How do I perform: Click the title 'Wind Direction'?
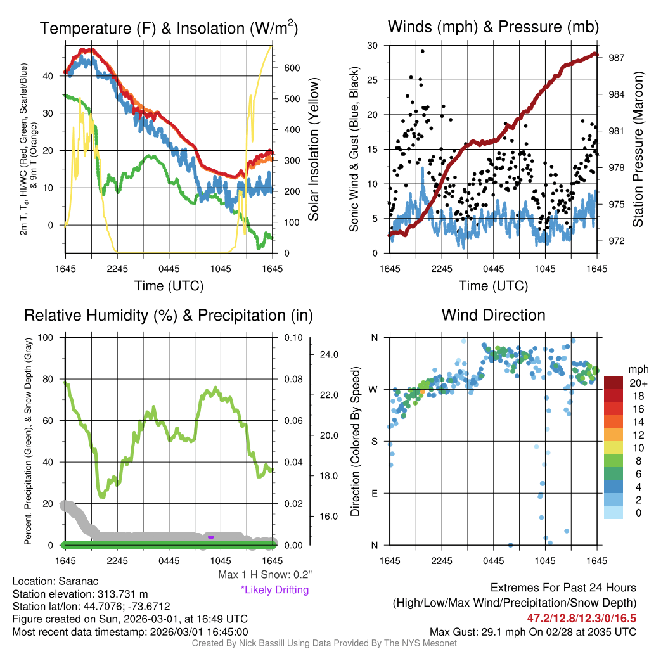(493, 315)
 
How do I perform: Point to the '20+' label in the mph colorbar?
(638, 383)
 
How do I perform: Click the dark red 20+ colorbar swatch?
(614, 383)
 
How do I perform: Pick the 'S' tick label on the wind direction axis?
(374, 441)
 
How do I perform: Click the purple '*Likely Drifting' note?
(275, 589)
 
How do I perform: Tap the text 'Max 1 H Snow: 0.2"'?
(265, 575)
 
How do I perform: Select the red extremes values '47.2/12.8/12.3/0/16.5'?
(581, 618)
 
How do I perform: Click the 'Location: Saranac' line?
(55, 581)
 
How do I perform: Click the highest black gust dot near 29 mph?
(422, 51)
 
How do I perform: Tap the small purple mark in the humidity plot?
(210, 537)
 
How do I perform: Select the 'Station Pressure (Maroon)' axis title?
(638, 150)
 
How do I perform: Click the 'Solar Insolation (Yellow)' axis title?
(314, 150)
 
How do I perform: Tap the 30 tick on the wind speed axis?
(373, 46)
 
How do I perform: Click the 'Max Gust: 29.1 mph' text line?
(532, 631)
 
